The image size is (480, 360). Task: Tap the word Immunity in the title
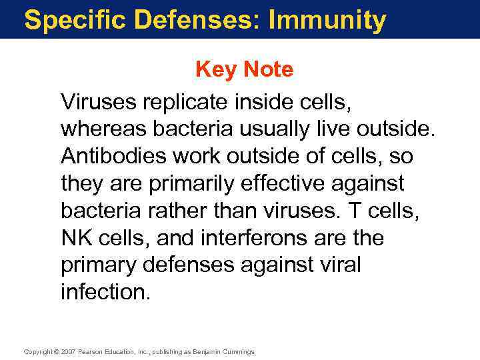click(327, 20)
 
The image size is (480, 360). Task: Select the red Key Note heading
click(244, 69)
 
